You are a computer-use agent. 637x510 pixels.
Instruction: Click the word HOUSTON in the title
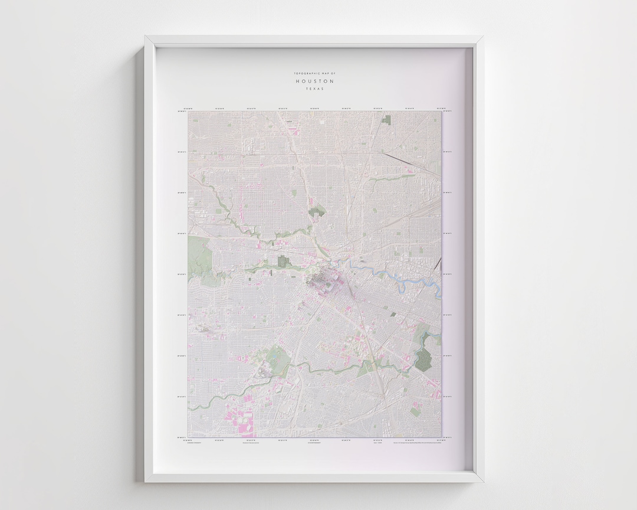[314, 81]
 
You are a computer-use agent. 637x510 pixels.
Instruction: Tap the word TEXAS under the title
[314, 89]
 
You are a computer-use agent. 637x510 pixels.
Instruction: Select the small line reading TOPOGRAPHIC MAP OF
[314, 73]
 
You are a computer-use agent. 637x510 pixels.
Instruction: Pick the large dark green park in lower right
[423, 359]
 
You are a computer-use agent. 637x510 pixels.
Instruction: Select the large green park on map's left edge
[199, 254]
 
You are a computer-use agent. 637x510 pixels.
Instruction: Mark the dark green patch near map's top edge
[387, 119]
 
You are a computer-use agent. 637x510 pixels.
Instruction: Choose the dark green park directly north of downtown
[318, 210]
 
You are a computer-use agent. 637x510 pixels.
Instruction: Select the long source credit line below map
[416, 442]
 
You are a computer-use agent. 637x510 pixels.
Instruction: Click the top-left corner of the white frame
[146, 37]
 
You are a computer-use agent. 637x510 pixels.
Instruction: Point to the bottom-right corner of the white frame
[482, 480]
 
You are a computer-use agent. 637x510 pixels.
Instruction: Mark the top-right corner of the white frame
[482, 37]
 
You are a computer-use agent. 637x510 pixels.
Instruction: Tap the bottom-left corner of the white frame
[146, 480]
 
